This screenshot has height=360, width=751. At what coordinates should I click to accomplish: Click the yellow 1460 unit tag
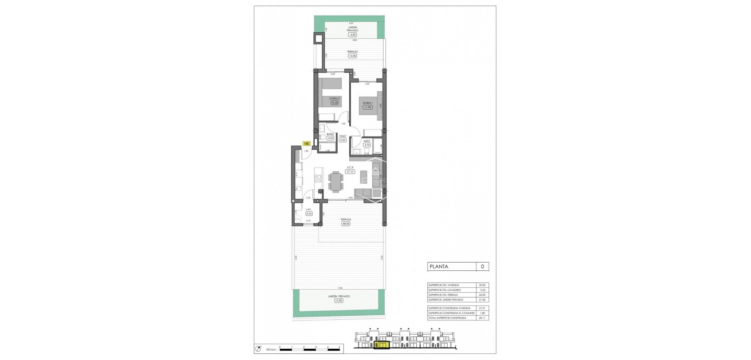(x=306, y=144)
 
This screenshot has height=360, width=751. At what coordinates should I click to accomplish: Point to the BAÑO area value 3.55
(x=331, y=138)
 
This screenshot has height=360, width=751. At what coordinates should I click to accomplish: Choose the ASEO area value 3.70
(x=367, y=145)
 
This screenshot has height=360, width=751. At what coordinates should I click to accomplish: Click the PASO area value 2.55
(x=343, y=140)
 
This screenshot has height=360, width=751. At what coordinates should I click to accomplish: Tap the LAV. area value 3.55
(x=309, y=214)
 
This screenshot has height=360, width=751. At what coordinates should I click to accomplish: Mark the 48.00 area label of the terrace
(x=345, y=224)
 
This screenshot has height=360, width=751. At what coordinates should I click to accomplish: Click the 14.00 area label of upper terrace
(x=352, y=56)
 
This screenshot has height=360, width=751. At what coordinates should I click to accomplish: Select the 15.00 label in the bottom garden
(x=339, y=301)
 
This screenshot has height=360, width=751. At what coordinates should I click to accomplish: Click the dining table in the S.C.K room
(x=336, y=182)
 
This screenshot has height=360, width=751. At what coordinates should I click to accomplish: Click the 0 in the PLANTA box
(x=482, y=266)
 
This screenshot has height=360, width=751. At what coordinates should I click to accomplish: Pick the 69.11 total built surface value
(x=482, y=318)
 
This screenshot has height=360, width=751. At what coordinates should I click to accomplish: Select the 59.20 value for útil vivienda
(x=482, y=285)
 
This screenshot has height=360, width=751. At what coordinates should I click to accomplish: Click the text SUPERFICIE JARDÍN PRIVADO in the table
(x=446, y=300)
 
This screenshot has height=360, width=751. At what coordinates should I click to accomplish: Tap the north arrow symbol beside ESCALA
(x=258, y=348)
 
